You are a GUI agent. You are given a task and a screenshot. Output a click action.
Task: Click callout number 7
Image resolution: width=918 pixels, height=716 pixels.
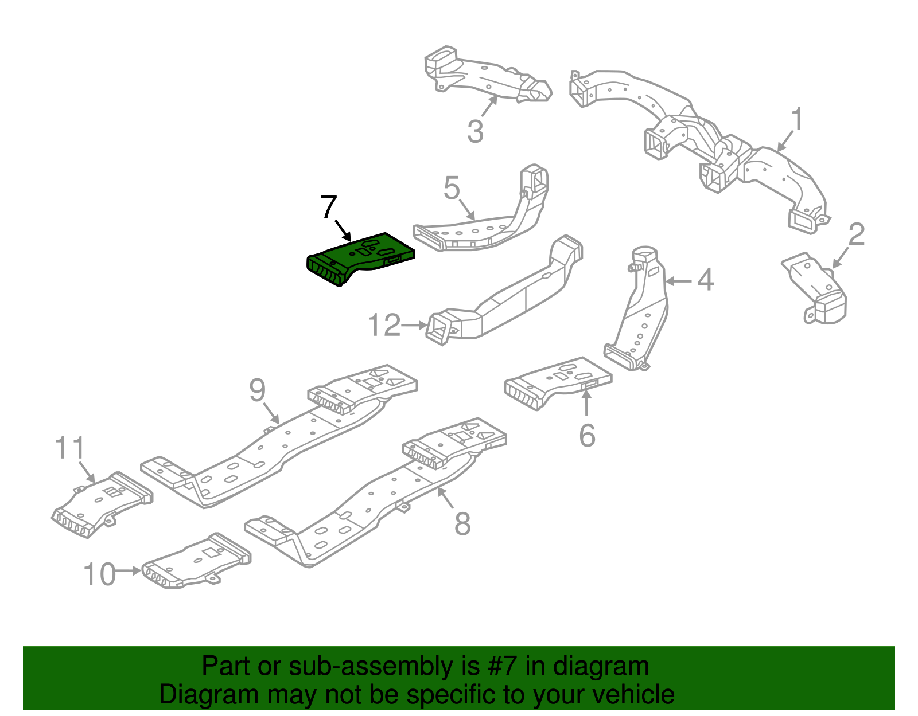329,207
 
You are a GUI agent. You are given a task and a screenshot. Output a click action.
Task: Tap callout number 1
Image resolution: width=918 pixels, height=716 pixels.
796,119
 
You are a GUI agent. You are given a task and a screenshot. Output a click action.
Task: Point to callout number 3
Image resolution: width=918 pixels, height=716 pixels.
475,131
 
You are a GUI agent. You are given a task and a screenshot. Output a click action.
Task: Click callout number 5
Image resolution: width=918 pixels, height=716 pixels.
452,188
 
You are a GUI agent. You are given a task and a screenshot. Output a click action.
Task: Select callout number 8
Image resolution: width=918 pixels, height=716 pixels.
462,523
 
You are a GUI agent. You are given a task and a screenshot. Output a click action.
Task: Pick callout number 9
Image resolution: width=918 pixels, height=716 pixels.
257,390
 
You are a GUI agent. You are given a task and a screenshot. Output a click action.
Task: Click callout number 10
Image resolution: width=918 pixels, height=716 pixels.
100,574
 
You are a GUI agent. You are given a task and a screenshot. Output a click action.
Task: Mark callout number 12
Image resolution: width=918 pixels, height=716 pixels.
384,325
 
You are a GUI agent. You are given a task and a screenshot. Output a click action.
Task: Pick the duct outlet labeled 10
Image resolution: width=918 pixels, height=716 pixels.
196,561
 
